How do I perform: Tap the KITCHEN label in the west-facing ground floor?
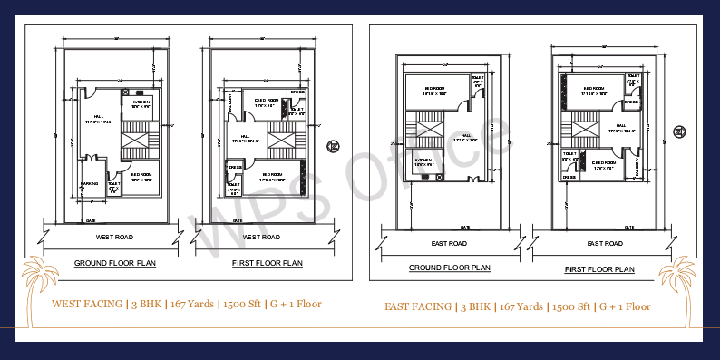(x=141, y=102)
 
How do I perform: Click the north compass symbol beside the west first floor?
(x=333, y=147)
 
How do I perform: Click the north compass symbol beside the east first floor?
(x=678, y=133)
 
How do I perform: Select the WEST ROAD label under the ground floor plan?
(x=114, y=237)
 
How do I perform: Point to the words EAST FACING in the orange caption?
(x=418, y=306)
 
